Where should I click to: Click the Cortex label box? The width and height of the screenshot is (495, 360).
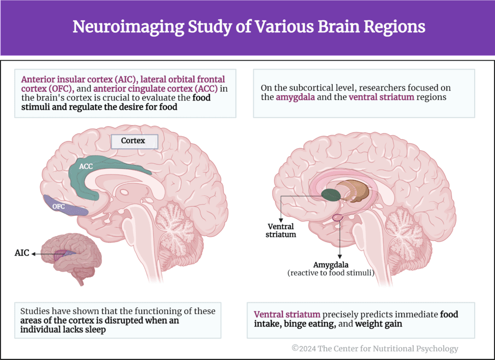click(134, 142)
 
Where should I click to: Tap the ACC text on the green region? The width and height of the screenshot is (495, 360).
click(86, 166)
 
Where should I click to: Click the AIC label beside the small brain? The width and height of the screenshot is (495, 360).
click(22, 253)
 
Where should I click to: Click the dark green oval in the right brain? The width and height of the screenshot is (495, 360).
click(331, 195)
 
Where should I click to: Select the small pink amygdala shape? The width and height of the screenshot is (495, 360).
click(337, 218)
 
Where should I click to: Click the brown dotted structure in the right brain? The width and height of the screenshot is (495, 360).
click(358, 193)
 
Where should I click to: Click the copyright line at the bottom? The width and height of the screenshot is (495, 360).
click(374, 348)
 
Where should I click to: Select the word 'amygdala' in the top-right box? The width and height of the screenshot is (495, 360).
click(294, 97)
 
